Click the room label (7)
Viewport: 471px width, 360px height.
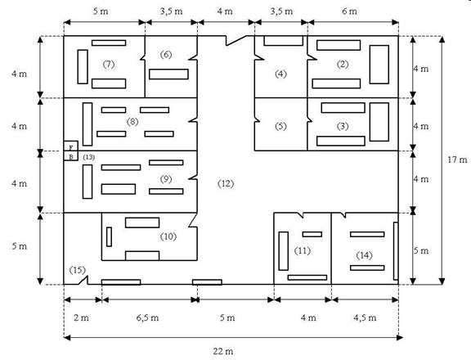click(x=109, y=64)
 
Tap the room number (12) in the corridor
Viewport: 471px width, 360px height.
click(x=226, y=183)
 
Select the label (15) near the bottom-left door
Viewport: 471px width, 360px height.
click(x=78, y=270)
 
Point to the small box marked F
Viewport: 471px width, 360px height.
click(x=71, y=146)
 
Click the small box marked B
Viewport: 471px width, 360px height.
click(x=71, y=156)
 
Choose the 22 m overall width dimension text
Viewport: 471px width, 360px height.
click(x=223, y=351)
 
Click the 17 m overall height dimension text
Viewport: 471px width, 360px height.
click(x=457, y=160)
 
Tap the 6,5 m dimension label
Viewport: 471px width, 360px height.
click(x=147, y=317)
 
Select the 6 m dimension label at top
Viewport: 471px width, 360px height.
click(x=349, y=11)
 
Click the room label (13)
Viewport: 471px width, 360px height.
click(x=88, y=157)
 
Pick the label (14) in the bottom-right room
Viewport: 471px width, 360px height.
click(x=365, y=255)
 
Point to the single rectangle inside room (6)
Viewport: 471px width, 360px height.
click(x=168, y=74)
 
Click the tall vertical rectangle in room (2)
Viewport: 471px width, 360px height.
click(x=379, y=65)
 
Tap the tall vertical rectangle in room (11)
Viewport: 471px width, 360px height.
click(x=284, y=251)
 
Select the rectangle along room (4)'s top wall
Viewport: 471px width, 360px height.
click(x=283, y=41)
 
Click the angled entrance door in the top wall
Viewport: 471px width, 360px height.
click(x=236, y=41)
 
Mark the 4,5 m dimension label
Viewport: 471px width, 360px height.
click(x=365, y=317)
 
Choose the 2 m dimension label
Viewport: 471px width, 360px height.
click(x=81, y=317)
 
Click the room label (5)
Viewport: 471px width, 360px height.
click(x=280, y=126)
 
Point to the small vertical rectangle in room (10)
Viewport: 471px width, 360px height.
click(x=109, y=236)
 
